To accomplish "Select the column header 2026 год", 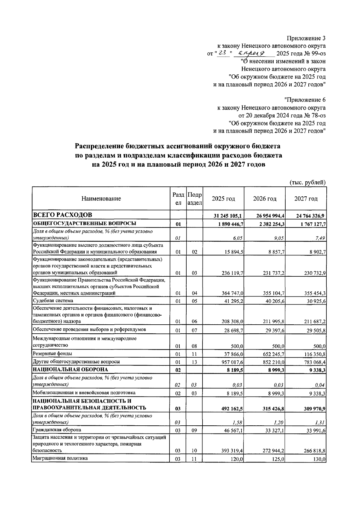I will point(265,199).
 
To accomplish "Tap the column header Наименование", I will point(101,199).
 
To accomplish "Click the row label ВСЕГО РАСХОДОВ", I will point(62,215).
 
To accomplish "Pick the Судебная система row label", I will point(53,300).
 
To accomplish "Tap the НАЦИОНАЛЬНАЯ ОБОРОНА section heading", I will point(70,370).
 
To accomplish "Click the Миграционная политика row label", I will point(60,458).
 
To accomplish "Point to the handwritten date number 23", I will point(222,53).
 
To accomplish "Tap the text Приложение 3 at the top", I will point(306,38).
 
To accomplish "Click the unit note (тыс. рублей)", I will point(307,182).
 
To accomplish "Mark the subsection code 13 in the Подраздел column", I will point(194,362).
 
